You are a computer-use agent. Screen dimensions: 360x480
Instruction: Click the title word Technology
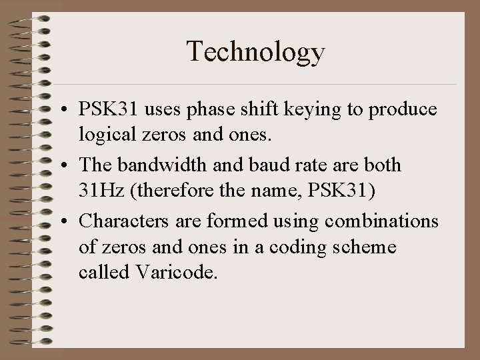(256, 52)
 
